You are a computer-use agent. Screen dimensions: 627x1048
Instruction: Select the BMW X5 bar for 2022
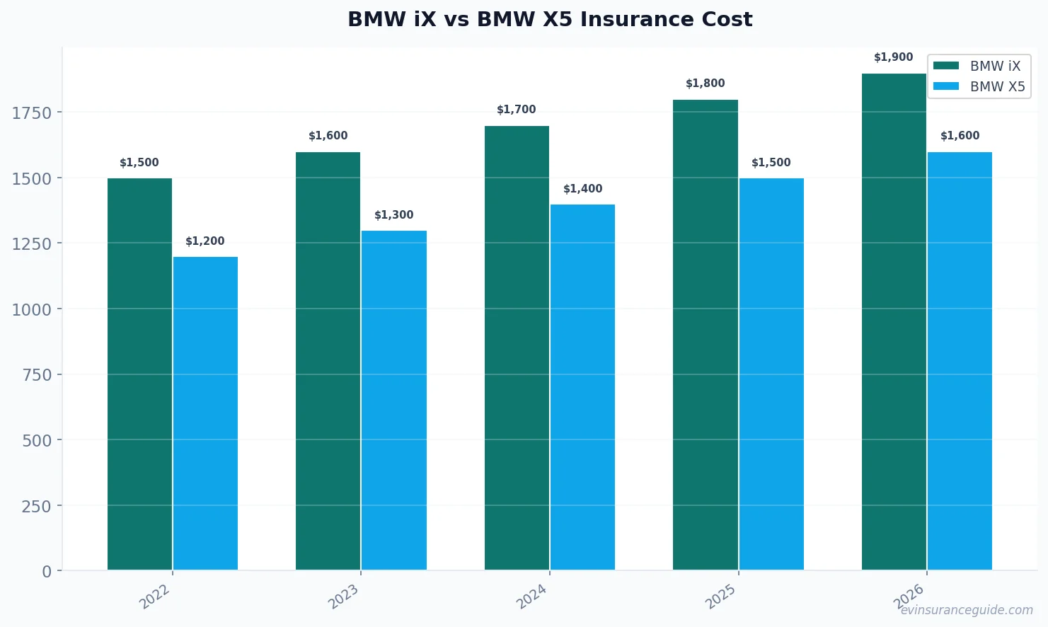205,413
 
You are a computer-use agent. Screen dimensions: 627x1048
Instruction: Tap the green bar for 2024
517,347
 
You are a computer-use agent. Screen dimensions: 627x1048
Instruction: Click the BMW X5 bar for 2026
960,361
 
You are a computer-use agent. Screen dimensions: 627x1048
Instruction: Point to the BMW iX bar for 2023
328,361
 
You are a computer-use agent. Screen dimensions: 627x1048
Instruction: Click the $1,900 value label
893,57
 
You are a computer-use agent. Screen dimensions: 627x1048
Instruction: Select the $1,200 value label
205,241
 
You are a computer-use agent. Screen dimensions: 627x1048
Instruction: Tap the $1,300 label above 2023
393,215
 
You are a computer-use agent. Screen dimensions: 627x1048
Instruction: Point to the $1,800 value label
705,84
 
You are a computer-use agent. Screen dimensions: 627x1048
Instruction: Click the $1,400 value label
582,189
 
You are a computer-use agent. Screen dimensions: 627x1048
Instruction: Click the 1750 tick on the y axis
32,113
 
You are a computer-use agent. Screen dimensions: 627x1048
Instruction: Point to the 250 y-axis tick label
36,506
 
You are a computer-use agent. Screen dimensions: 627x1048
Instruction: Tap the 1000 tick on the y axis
32,309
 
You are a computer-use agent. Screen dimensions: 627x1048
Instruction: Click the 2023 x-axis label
343,597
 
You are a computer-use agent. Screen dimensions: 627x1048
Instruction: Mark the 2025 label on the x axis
720,597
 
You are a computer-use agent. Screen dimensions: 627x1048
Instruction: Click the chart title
550,19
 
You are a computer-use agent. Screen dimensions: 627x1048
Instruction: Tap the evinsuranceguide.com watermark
966,610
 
